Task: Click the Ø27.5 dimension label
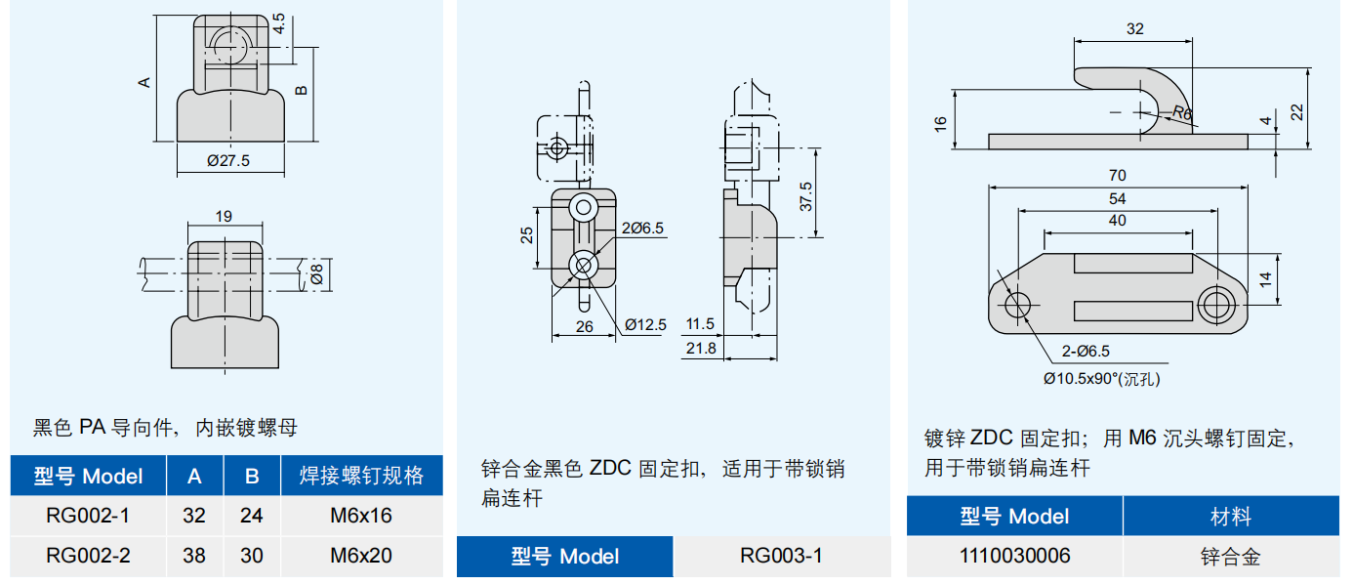[x=228, y=161]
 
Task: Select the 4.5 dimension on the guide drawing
[x=279, y=24]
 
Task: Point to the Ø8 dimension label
[x=315, y=275]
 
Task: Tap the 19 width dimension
[x=224, y=216]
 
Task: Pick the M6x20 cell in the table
[x=361, y=556]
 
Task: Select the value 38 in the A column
[x=194, y=556]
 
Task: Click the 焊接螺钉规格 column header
[x=361, y=476]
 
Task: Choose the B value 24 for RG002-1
[x=252, y=516]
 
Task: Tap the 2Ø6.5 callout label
[x=642, y=228]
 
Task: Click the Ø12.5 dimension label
[x=645, y=324]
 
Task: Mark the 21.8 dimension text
[x=700, y=348]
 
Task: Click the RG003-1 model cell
[x=781, y=556]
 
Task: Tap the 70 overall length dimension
[x=1118, y=176]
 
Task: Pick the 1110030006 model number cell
[x=1014, y=556]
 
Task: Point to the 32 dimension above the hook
[x=1134, y=29]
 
